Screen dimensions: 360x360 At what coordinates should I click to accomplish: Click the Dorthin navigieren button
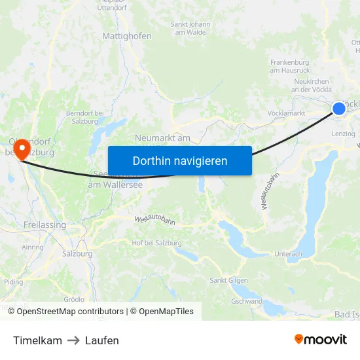pos(180,160)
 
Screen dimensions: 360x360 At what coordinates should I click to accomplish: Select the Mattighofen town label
pos(127,37)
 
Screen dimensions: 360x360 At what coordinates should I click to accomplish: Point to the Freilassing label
pos(45,225)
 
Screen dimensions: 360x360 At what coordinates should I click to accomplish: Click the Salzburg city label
pos(77,253)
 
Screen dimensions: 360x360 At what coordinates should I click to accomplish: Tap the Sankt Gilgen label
pos(228,280)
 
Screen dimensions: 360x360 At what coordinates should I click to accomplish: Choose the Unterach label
pos(288,254)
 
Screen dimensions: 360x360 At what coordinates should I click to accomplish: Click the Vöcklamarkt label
pos(287,113)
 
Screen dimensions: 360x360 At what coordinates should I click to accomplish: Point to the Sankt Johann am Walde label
pos(190,28)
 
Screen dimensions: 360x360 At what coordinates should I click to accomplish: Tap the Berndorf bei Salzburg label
pos(85,117)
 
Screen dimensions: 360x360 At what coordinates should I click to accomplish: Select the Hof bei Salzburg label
pos(156,243)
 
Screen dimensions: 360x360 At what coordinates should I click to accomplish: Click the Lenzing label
pos(344,134)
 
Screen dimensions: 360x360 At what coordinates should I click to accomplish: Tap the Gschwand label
pos(247,301)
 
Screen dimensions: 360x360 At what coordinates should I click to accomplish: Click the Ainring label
pos(33,247)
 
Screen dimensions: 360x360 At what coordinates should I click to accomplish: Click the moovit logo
pos(321,340)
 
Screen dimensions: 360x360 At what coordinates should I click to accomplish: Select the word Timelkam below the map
pos(37,340)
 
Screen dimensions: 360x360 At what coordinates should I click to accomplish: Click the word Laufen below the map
pos(102,340)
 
